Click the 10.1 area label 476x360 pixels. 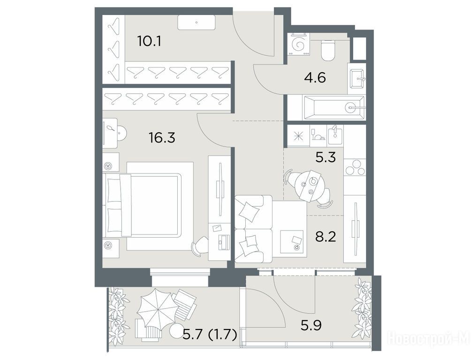tap(149, 41)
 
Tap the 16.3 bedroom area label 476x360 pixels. tap(162, 138)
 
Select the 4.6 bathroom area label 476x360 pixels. tap(315, 78)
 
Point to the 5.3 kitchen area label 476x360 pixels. tap(325, 157)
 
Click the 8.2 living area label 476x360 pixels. tap(325, 236)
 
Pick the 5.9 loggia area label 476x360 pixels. tap(311, 326)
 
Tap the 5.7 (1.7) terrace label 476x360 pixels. tap(210, 335)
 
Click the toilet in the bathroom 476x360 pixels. tap(328, 50)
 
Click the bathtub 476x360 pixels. tap(334, 108)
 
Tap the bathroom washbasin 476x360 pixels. tap(357, 79)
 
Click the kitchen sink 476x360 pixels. tap(335, 135)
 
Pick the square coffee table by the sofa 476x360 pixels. tap(292, 241)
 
